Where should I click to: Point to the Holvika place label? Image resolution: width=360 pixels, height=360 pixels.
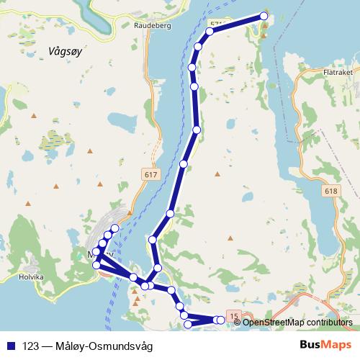coord(32,275)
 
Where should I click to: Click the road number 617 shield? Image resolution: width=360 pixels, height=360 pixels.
coord(149,175)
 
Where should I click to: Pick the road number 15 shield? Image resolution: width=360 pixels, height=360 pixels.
coord(232,315)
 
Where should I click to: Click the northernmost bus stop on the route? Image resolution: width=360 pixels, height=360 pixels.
coord(264,16)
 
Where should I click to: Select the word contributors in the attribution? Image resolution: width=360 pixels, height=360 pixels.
coord(327,322)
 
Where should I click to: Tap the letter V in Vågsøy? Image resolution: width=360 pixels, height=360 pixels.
coord(47,50)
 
